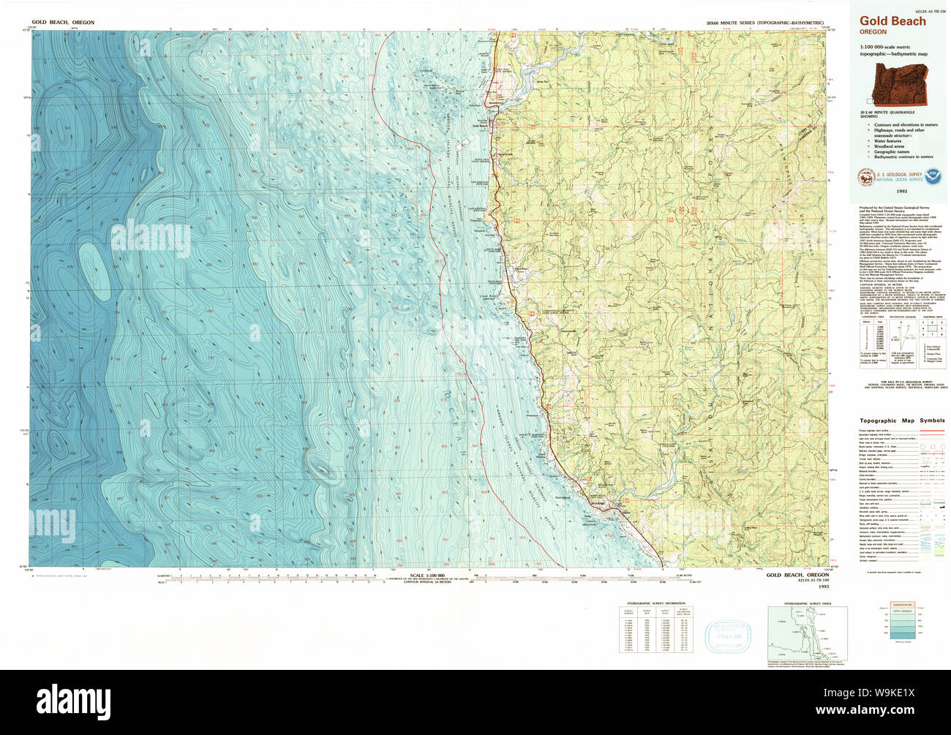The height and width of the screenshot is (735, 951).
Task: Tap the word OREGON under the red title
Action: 873,32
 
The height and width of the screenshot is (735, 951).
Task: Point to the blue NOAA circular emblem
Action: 933,176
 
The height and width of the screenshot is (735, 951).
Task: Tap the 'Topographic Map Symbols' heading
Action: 901,421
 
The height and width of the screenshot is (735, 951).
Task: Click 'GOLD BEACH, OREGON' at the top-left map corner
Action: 62,23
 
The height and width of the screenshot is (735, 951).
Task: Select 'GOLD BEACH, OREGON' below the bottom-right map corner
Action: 797,576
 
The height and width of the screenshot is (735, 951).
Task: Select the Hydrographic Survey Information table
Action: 655,628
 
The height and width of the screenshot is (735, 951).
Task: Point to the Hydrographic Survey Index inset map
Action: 808,634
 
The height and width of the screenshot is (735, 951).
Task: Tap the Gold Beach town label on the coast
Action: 481,126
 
